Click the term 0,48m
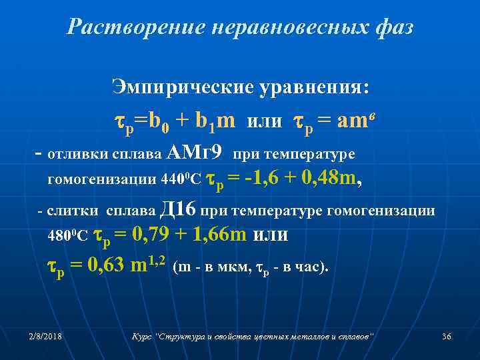(328, 178)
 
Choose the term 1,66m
(209, 234)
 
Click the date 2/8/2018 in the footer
(46, 337)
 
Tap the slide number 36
(446, 337)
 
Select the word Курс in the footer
(142, 337)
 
